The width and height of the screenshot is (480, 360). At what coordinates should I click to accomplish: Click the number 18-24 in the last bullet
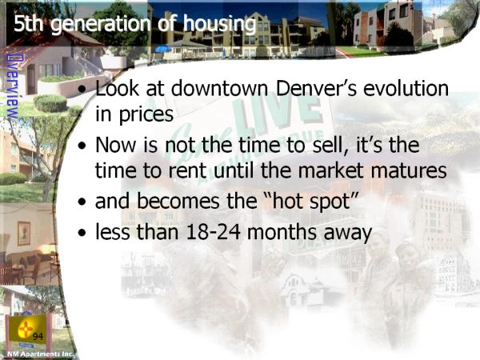[213, 232]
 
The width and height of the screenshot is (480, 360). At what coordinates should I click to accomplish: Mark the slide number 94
[38, 337]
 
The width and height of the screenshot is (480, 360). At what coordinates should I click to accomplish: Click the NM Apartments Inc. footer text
[40, 354]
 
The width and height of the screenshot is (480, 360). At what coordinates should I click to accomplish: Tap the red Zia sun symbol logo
[26, 330]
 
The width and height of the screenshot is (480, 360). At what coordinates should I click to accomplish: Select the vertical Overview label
[12, 86]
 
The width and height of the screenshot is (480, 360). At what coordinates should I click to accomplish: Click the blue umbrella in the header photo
[163, 49]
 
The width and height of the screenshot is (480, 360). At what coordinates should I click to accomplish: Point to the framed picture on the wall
[24, 234]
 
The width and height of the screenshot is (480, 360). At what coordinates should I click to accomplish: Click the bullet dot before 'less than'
[82, 233]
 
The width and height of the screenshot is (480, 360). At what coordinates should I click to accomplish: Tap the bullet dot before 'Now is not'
[82, 146]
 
